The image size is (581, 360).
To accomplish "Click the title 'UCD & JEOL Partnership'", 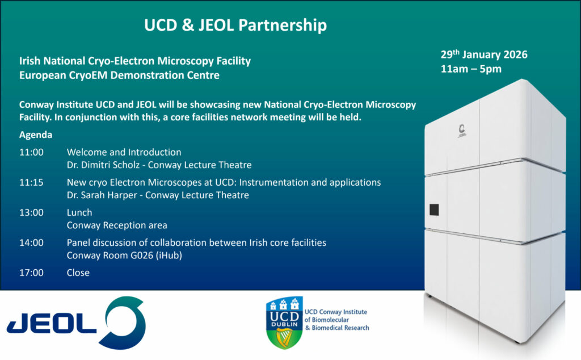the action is (235, 25).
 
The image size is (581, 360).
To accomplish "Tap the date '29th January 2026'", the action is (484, 55).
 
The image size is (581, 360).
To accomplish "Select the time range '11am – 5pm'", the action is (471, 69).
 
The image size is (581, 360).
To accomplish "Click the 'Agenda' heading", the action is (36, 135).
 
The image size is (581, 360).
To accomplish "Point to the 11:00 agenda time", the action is (32, 152).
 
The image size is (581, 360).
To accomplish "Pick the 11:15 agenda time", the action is (32, 182).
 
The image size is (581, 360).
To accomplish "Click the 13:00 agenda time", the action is (32, 212).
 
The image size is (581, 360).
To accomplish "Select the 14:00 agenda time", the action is (32, 242).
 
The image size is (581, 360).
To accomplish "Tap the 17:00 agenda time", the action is (32, 273).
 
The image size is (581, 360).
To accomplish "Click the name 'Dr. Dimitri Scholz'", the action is (103, 165).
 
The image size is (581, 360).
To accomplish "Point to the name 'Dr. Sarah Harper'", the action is (102, 195).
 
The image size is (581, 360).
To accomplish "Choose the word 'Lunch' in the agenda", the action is (79, 212).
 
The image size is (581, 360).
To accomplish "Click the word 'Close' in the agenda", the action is (78, 273).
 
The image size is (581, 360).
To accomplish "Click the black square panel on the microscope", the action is (434, 210).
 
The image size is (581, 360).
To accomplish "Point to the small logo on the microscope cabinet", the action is (462, 131).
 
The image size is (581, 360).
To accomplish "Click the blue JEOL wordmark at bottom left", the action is (52, 323).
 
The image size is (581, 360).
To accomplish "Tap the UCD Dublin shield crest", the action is (285, 322).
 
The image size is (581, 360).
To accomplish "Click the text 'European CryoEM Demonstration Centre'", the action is (119, 76).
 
